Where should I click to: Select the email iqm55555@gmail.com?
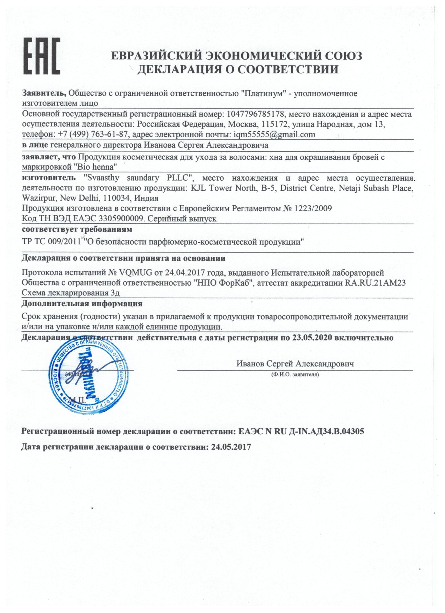272,134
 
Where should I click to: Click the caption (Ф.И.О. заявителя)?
295,375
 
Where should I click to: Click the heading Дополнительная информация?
82,303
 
